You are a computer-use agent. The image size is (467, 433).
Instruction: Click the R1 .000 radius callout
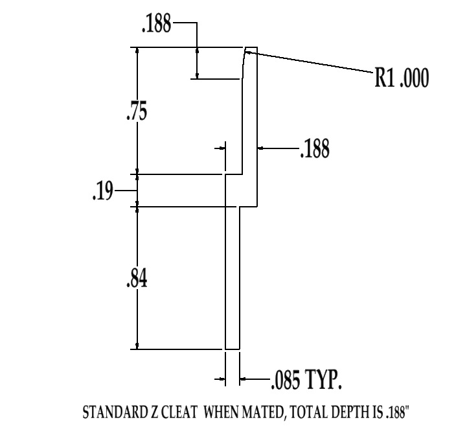pyautogui.click(x=402, y=78)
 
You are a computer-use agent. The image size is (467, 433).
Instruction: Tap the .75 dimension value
pyautogui.click(x=137, y=112)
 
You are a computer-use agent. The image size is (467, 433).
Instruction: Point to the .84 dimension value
pyautogui.click(x=137, y=279)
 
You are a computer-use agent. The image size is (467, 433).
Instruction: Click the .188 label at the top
pyautogui.click(x=157, y=27)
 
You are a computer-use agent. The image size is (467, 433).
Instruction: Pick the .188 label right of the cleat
pyautogui.click(x=315, y=150)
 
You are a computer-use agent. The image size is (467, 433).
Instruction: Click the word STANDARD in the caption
pyautogui.click(x=111, y=412)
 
